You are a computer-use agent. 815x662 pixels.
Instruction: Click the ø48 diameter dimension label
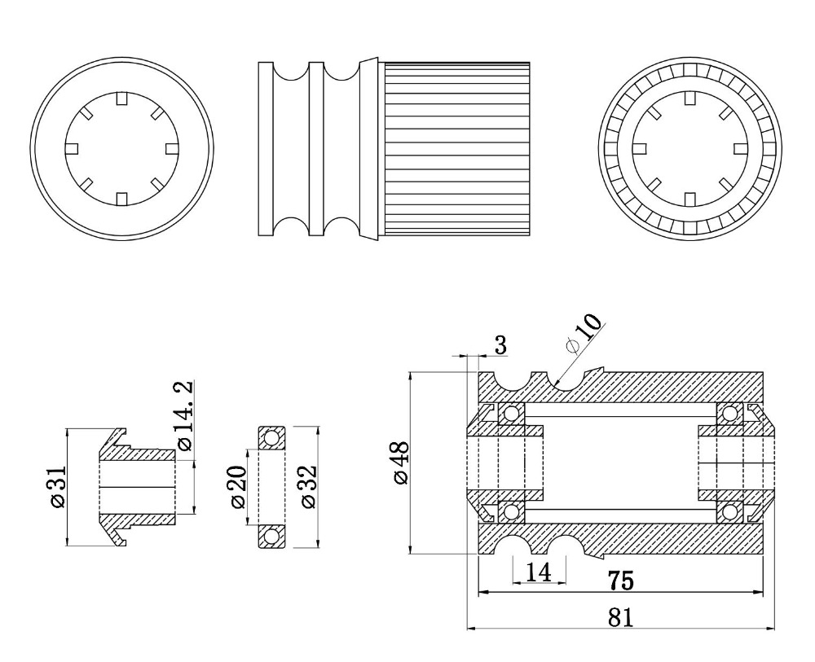pyautogui.click(x=401, y=463)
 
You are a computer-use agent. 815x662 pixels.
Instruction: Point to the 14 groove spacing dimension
pyautogui.click(x=538, y=572)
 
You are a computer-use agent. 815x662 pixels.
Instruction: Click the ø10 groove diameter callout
pyautogui.click(x=585, y=333)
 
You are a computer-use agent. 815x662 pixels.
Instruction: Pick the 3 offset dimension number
pyautogui.click(x=500, y=345)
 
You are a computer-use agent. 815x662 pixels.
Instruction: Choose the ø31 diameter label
pyautogui.click(x=58, y=486)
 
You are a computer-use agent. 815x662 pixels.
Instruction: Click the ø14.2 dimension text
pyautogui.click(x=184, y=414)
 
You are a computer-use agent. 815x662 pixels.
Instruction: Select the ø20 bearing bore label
pyautogui.click(x=237, y=486)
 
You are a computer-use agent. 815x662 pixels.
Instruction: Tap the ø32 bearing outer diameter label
pyautogui.click(x=308, y=486)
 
